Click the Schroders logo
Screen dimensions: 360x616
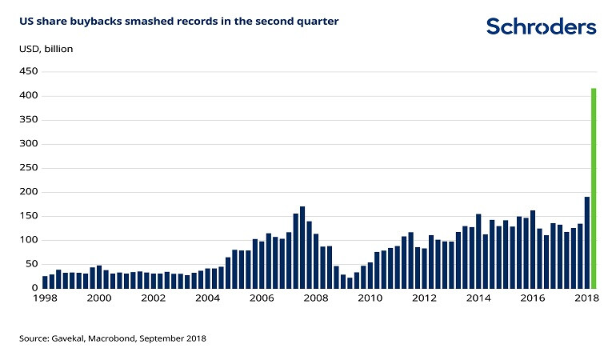click(542, 26)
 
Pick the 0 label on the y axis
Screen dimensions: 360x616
click(34, 288)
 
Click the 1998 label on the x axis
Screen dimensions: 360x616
click(45, 298)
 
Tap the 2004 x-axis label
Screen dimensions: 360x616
click(208, 298)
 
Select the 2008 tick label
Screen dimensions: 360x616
click(316, 298)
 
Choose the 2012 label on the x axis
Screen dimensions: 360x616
click(425, 298)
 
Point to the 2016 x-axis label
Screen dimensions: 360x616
click(533, 298)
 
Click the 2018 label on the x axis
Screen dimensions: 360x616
click(587, 298)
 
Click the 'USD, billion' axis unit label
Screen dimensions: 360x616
click(46, 49)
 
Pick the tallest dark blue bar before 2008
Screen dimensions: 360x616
click(302, 247)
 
